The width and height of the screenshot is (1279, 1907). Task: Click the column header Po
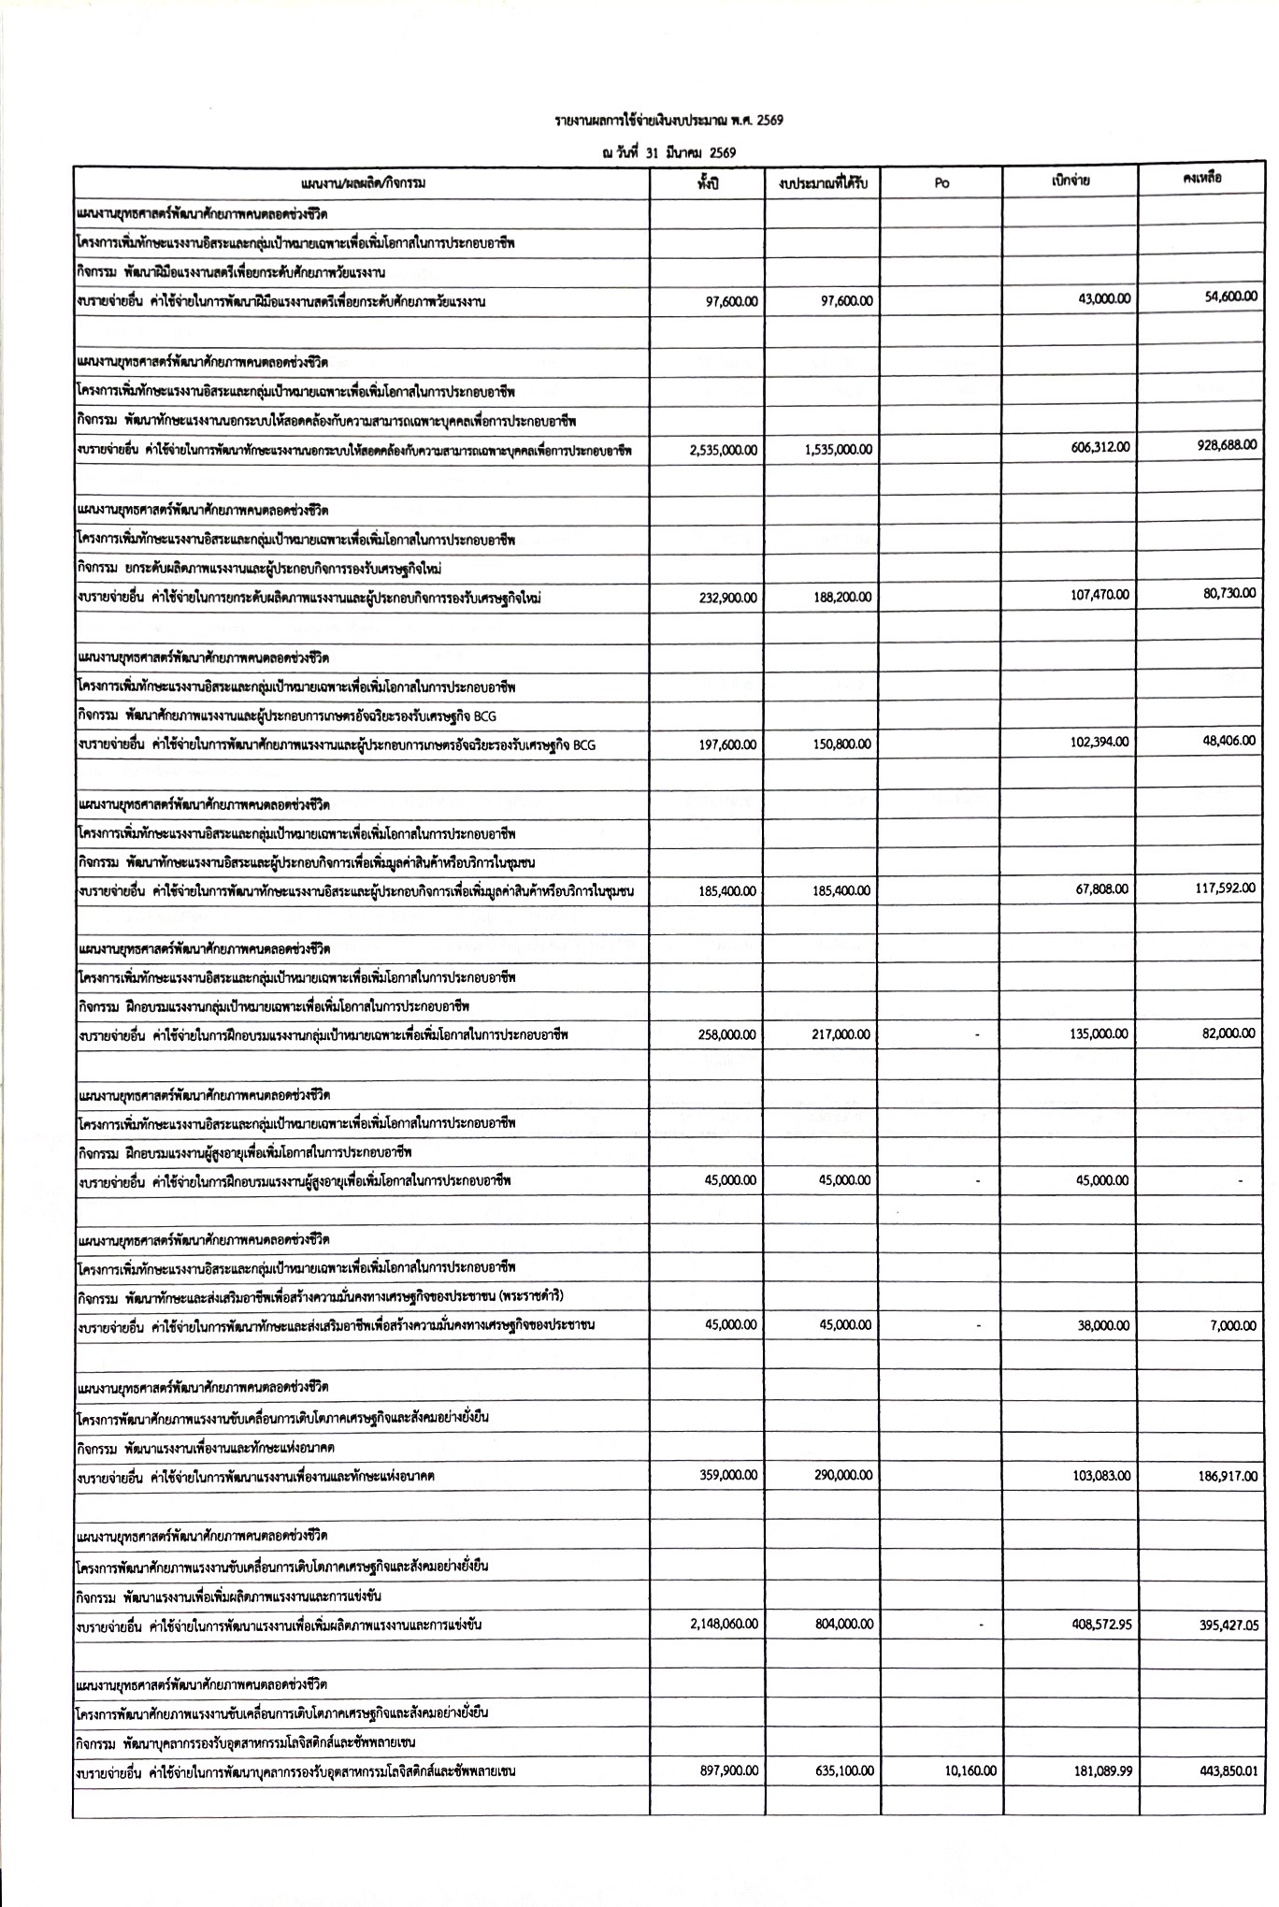point(941,183)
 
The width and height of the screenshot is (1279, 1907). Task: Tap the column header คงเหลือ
point(1202,178)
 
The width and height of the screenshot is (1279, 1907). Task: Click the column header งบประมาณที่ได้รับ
point(823,183)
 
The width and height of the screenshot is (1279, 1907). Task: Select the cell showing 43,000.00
point(1103,298)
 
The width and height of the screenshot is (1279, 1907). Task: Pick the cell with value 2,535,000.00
point(724,450)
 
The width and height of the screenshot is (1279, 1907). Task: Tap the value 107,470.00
point(1100,595)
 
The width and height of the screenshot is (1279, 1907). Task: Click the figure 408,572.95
point(1100,1625)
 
